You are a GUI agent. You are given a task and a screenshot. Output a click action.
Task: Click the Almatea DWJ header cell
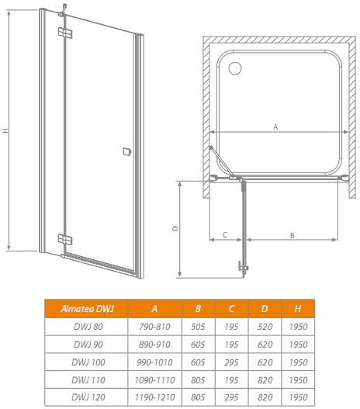tap(87, 309)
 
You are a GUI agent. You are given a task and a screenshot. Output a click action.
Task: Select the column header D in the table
tap(265, 309)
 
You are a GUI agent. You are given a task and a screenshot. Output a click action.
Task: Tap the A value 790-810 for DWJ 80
tap(154, 326)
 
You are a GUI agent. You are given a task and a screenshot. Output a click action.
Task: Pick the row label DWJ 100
tap(88, 362)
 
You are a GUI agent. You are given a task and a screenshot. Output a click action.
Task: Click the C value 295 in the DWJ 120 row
tap(231, 397)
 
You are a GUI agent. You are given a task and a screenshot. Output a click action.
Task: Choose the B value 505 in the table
tap(198, 326)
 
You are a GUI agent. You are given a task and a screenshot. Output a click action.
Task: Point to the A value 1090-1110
tap(154, 380)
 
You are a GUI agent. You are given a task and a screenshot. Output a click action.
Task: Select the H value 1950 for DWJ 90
tap(298, 345)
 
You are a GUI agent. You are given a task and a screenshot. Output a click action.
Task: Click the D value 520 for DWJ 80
tap(265, 326)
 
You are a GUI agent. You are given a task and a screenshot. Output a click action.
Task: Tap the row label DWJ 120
tap(88, 397)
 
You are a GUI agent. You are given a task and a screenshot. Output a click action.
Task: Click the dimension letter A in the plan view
tap(275, 127)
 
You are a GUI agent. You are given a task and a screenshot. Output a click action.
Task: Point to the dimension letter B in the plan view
tap(292, 235)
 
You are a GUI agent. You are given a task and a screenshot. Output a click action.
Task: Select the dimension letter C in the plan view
tap(225, 234)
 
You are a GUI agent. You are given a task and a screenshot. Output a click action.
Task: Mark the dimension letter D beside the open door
tap(175, 228)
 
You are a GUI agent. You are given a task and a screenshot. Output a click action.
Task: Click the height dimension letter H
tap(5, 130)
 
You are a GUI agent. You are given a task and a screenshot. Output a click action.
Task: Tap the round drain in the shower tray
tap(235, 68)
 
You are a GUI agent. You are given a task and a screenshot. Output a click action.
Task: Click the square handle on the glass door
tap(127, 151)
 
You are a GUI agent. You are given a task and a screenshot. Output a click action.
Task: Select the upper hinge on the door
tap(65, 33)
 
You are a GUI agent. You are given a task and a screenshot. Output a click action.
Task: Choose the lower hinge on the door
tap(65, 239)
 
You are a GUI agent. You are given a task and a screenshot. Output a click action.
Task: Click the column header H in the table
tap(298, 309)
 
